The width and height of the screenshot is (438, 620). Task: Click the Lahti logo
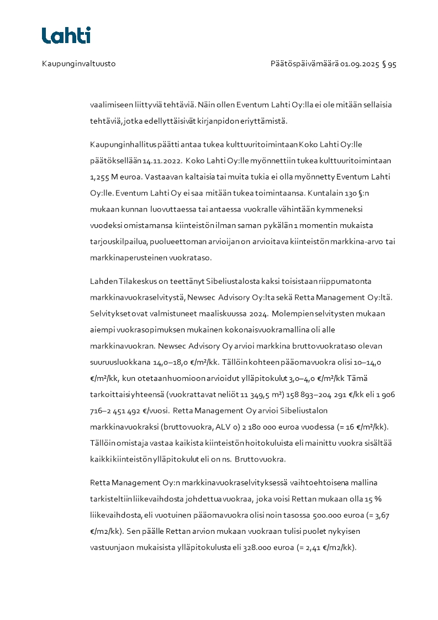[x=66, y=35]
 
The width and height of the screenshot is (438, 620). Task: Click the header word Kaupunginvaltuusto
[x=78, y=64]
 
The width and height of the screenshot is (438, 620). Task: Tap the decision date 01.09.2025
[x=360, y=64]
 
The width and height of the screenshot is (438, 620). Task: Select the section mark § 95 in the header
[x=389, y=64]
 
